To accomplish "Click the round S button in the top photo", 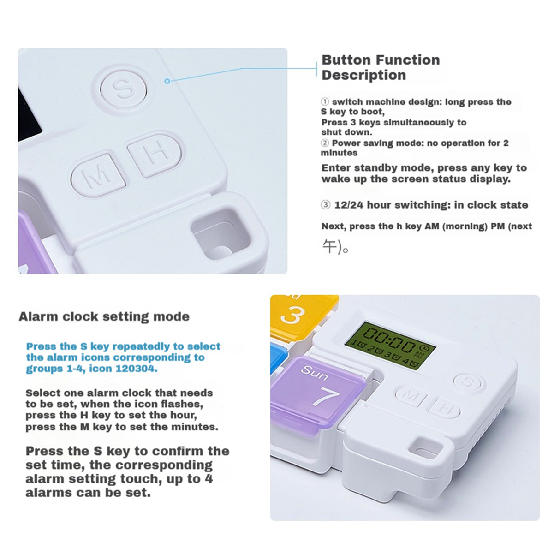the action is (124, 89).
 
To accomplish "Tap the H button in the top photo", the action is (155, 155).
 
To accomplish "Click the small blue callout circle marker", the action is (167, 81).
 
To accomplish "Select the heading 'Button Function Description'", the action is (381, 67).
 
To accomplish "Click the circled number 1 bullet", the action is (325, 101).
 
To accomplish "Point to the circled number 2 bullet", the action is (325, 143).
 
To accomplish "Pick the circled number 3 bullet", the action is (326, 205).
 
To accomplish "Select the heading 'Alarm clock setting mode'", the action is (104, 316).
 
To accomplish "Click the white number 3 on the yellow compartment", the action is (292, 316).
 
